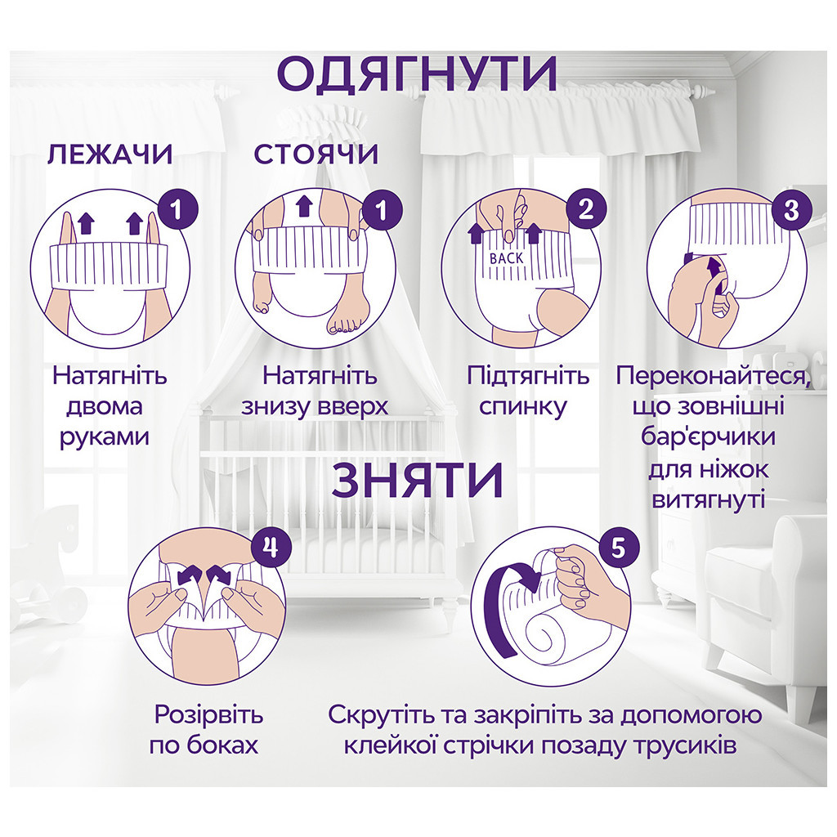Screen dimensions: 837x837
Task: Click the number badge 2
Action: point(585,210)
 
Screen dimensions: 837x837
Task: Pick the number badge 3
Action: point(790,210)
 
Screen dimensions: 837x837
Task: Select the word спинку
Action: point(528,406)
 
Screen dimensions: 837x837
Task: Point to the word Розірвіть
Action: point(208,715)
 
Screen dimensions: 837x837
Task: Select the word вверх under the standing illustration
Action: point(351,406)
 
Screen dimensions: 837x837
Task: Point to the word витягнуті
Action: point(708,499)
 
